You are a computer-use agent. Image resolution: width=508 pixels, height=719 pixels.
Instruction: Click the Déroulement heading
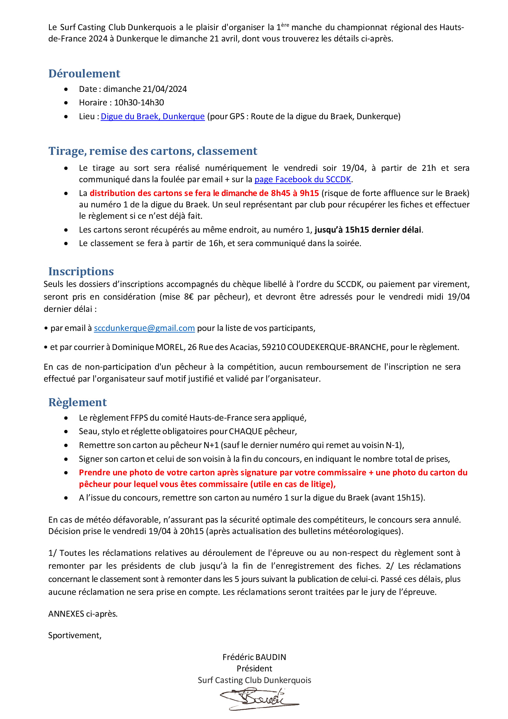(84, 74)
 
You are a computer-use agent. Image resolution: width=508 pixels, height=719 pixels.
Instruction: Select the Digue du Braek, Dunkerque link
(152, 116)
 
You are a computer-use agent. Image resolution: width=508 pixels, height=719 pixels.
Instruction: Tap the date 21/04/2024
(164, 89)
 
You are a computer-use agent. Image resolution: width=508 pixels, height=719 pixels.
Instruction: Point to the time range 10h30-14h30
(139, 102)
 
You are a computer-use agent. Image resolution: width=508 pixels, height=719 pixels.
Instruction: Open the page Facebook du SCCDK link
(302, 179)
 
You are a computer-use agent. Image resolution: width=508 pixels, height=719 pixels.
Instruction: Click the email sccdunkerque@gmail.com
(144, 328)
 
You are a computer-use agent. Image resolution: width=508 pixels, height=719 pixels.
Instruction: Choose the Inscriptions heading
(81, 271)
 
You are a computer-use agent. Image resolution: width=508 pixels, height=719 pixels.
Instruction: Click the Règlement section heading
(77, 402)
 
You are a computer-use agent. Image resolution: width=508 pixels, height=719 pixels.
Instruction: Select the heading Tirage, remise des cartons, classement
(152, 151)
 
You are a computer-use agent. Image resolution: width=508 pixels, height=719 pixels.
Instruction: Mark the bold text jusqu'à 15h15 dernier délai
(368, 230)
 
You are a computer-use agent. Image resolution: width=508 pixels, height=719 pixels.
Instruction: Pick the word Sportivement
(75, 635)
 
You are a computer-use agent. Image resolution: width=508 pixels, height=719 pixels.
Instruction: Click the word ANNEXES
(66, 614)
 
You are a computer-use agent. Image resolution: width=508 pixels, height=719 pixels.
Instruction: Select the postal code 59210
(274, 347)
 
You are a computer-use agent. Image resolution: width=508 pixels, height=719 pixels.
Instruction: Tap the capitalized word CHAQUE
(245, 431)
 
